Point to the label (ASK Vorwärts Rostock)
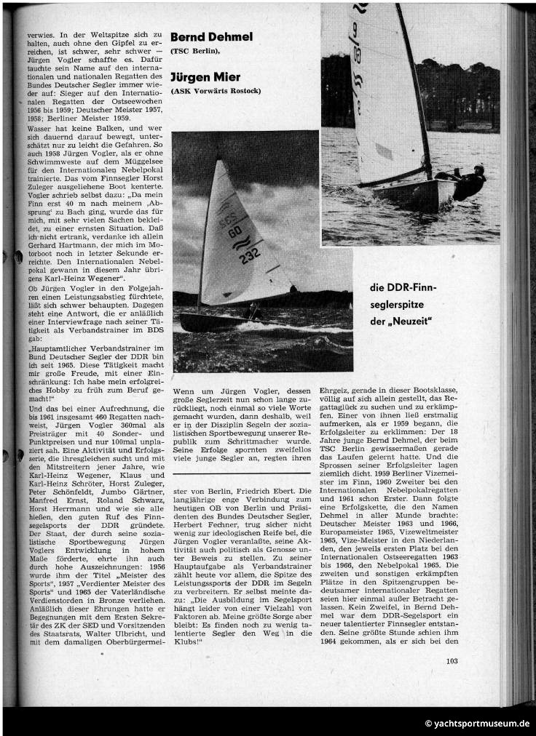215,91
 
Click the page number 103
453,660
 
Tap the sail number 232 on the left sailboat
250,256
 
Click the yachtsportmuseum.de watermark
477,724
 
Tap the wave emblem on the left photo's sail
240,242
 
